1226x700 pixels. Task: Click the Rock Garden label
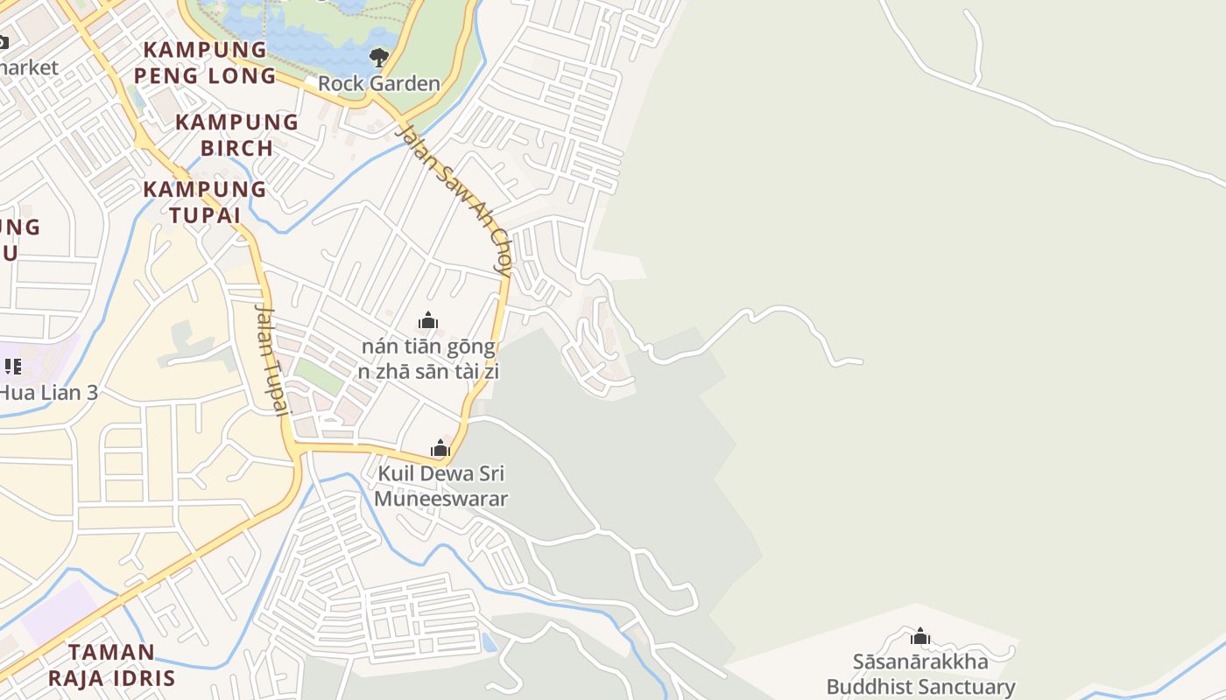(378, 84)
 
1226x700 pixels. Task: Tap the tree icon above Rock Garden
(378, 58)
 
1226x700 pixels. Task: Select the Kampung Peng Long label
(205, 62)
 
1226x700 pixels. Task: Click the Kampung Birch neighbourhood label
(236, 135)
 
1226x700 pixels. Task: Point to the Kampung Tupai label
(204, 201)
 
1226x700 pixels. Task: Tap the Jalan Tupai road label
(272, 359)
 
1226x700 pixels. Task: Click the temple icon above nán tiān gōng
(428, 321)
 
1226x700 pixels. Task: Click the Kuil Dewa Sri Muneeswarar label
(440, 486)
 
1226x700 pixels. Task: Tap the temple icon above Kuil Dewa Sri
(440, 449)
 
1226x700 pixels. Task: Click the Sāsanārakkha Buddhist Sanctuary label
(920, 674)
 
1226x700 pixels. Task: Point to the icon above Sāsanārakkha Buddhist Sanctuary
(920, 636)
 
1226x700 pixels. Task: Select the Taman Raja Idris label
(111, 665)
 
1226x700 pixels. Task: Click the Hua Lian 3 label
(48, 392)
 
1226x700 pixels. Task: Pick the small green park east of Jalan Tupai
(317, 375)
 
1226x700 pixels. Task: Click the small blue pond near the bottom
(489, 643)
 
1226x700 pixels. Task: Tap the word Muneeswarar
(440, 499)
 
